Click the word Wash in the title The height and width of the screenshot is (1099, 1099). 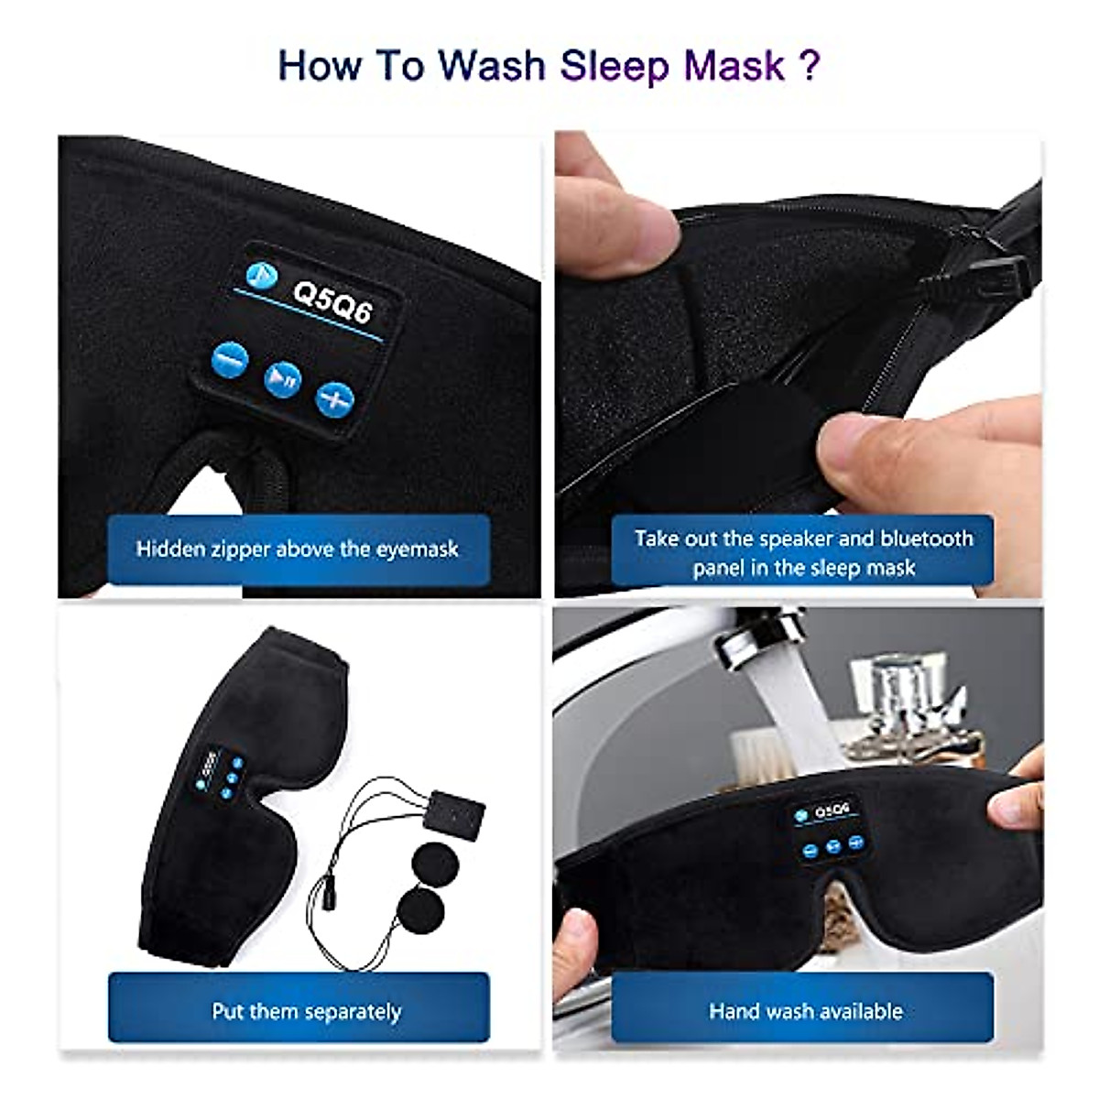point(491,66)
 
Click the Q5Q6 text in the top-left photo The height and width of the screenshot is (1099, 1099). point(332,300)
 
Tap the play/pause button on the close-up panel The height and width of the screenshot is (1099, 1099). point(283,378)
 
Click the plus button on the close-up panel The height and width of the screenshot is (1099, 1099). point(335,399)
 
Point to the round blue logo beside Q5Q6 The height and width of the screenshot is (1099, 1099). point(260,274)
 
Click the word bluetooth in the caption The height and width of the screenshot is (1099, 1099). point(925,539)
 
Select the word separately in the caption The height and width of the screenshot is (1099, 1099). point(353,1012)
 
